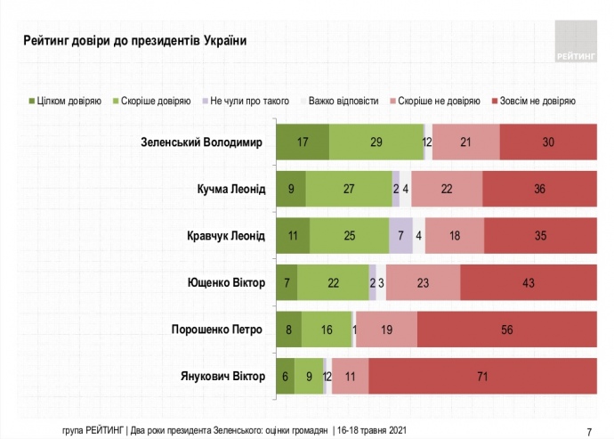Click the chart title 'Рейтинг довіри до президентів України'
coord(134,41)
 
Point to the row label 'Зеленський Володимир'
coord(203,142)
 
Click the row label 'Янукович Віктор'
coord(222,376)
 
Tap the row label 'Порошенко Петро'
coord(217,329)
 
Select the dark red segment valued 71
coord(482,376)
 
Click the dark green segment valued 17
coord(303,142)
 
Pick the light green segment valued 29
coord(376,142)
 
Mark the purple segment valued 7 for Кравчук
coord(401,236)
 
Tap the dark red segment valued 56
coord(506,329)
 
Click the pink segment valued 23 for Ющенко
coord(423,282)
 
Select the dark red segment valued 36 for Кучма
coord(539,189)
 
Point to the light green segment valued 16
coord(327,329)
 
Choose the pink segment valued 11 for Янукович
coord(350,376)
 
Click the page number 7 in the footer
coord(589,428)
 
